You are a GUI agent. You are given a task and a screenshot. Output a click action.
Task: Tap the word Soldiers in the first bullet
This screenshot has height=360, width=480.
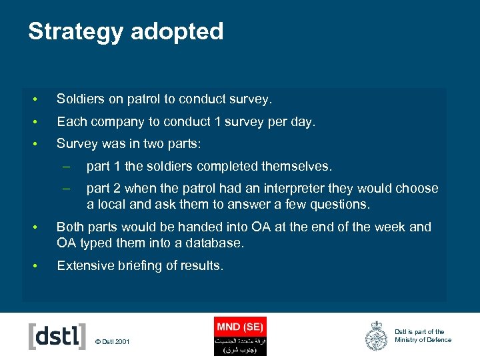click(81, 99)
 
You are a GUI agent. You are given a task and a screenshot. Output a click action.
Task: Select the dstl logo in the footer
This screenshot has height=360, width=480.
click(57, 336)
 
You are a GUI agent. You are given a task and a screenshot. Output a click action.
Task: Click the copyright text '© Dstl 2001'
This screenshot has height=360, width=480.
click(112, 342)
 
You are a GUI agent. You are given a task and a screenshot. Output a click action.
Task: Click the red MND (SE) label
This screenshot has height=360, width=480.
click(240, 327)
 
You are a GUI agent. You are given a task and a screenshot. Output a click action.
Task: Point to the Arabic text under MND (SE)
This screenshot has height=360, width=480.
click(240, 344)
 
